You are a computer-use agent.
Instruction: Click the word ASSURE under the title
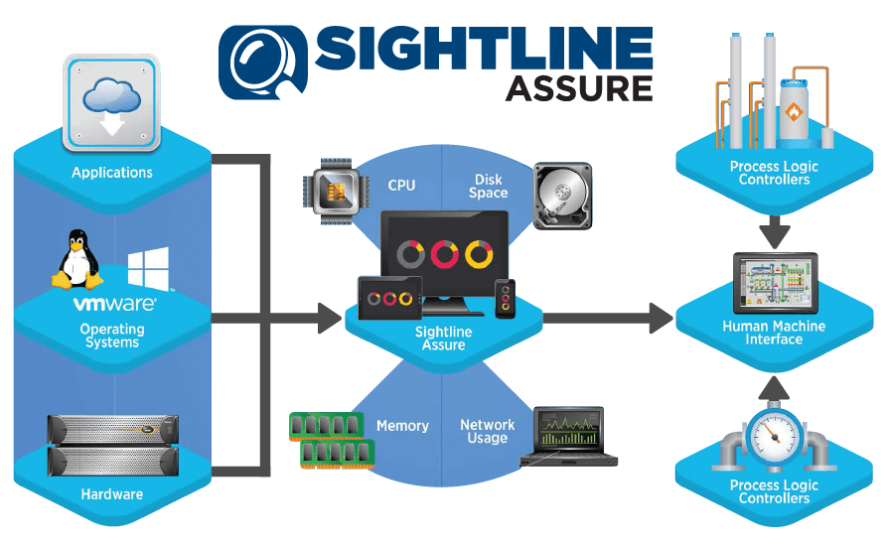[579, 88]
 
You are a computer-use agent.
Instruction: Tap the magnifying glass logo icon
[261, 62]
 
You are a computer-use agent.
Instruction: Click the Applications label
[112, 173]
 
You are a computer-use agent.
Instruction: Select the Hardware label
[112, 494]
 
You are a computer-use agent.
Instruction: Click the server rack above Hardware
[112, 442]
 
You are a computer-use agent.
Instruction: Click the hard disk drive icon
[562, 196]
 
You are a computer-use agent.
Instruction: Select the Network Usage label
[487, 432]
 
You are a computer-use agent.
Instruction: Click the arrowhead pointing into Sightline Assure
[329, 319]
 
